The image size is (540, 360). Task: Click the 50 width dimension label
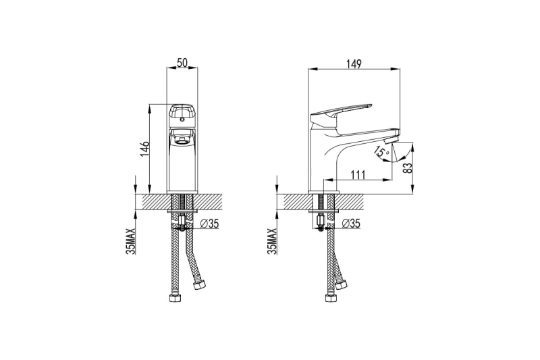(182, 63)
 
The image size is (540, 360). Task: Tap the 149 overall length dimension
(354, 64)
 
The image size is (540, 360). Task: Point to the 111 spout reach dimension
(358, 175)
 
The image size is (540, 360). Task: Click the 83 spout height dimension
(408, 168)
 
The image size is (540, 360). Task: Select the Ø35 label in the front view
(209, 224)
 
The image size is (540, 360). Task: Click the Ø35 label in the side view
(351, 224)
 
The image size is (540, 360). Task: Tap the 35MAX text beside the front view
(131, 241)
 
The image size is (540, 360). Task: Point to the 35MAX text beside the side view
(272, 241)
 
